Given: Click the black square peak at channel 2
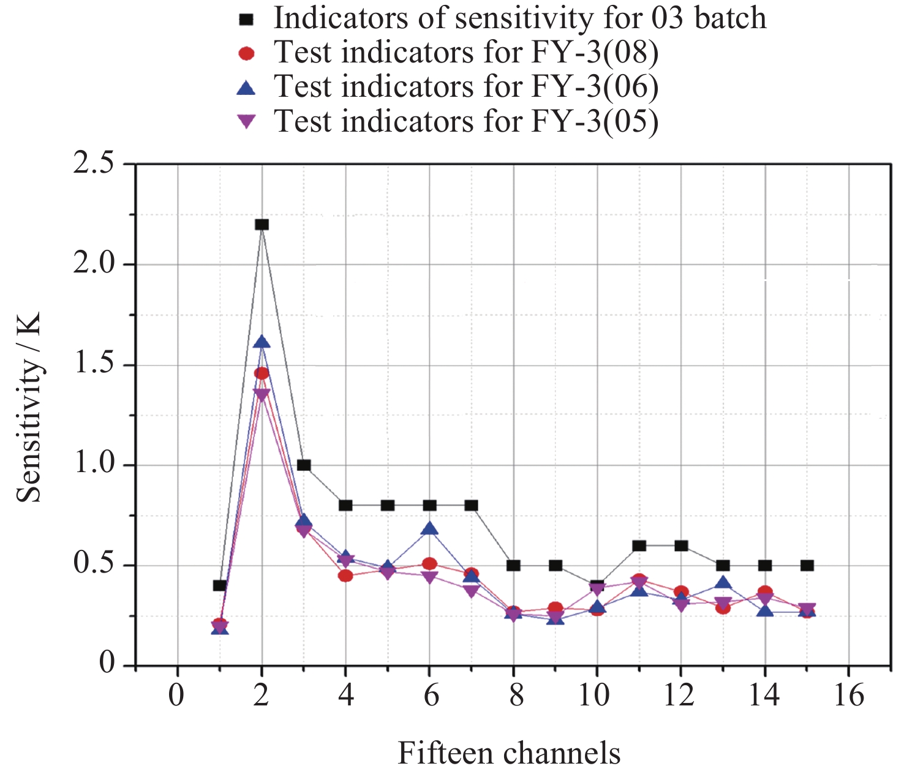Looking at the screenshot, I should pos(262,225).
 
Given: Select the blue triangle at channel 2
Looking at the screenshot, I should pos(262,342).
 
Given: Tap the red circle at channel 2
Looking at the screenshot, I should pos(262,374).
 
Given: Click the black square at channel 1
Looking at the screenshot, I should pos(220,585).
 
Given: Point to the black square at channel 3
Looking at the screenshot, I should pos(304,465).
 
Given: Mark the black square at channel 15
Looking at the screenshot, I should pos(807,565).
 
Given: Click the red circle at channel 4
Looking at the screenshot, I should pos(345,576).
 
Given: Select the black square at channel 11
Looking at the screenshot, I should pos(639,546).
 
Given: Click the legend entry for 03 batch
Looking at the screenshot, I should pos(519,18).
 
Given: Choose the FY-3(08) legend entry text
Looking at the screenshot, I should pos(465,53).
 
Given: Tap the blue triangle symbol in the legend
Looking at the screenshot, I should pos(246,88).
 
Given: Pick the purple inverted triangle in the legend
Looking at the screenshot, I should pos(246,122).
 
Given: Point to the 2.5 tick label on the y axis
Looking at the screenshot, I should pos(94,164).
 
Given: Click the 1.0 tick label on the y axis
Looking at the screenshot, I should pos(94,464).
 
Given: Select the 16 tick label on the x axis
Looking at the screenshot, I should pos(849,696).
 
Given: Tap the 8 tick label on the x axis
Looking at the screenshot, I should pos(516,696).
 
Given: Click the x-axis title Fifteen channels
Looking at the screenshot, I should pos(509,753).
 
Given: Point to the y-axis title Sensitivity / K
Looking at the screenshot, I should pos(28,407).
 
